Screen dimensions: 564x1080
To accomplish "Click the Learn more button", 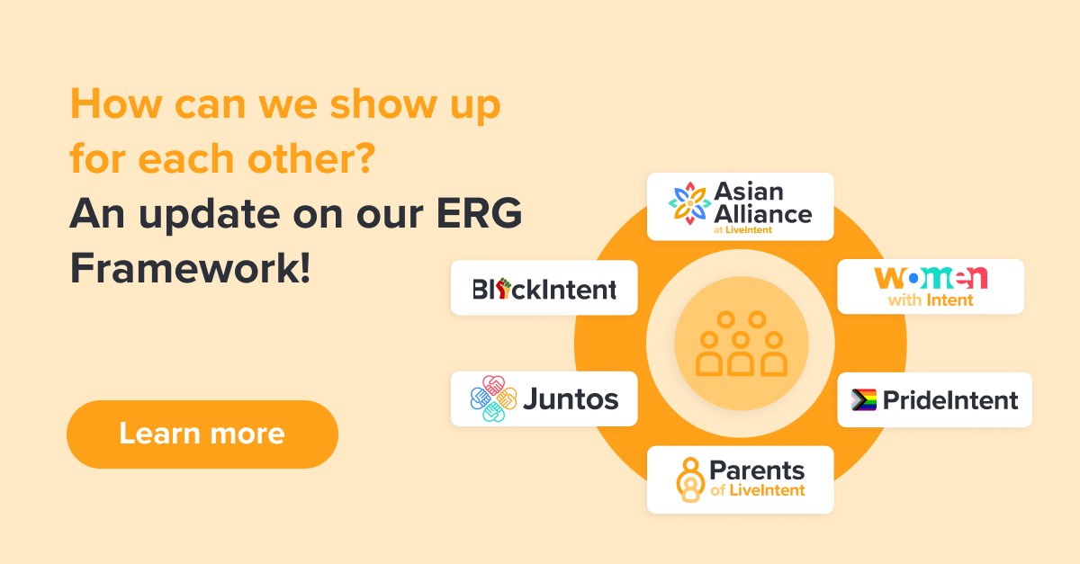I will click(x=202, y=434).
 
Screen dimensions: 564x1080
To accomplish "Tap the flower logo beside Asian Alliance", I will click(x=689, y=204).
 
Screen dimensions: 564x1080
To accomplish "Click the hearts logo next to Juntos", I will click(x=494, y=398).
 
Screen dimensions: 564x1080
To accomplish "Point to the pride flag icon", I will click(x=864, y=400).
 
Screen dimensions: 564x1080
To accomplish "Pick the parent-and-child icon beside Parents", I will click(x=690, y=479).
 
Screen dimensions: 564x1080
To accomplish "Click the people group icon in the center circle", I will click(x=741, y=344).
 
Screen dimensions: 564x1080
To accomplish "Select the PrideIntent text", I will click(x=950, y=400).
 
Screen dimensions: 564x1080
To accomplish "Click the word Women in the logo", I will click(x=931, y=278).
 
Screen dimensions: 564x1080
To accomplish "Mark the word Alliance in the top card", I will click(x=762, y=214).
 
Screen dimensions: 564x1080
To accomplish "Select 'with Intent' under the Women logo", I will click(x=931, y=300).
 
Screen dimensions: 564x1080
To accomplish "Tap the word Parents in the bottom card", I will click(x=757, y=470).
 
